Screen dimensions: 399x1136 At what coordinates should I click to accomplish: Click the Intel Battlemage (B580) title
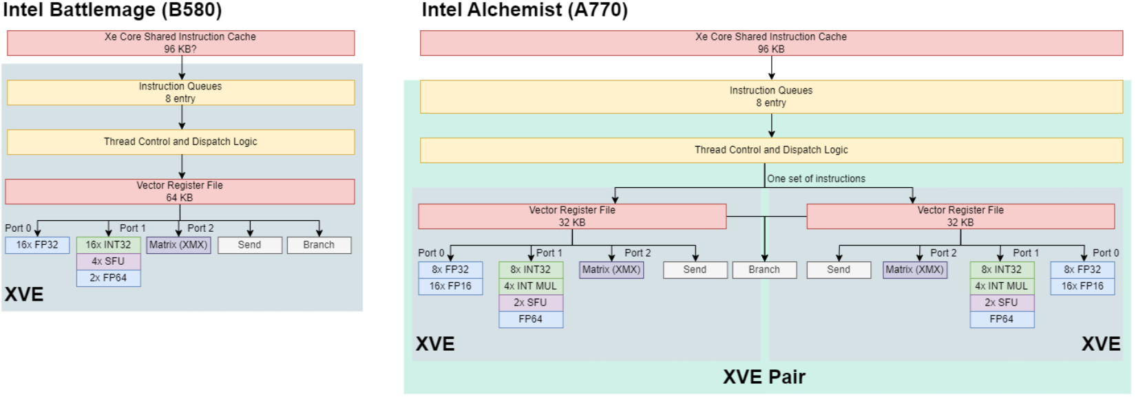112,10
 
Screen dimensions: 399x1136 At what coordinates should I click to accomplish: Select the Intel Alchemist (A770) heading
525,10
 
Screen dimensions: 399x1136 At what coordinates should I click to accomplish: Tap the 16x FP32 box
37,245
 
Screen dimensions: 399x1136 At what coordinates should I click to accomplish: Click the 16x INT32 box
108,245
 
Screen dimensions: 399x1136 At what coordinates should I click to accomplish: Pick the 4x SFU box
108,261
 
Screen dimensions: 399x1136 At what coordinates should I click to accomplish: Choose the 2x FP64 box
108,278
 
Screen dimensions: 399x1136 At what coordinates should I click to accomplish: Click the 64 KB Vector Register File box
180,191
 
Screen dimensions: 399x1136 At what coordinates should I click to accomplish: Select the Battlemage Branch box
319,245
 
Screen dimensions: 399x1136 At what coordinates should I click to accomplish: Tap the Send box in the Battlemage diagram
249,245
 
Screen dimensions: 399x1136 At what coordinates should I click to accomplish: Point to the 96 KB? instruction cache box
180,43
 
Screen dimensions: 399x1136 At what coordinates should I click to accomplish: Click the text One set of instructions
816,179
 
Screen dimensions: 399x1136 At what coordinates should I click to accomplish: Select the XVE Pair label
764,377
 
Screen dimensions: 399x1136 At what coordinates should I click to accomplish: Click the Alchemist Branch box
764,270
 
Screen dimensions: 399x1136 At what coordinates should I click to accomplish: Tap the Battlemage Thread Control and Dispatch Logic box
180,142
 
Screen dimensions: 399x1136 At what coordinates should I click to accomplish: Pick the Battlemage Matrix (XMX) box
178,245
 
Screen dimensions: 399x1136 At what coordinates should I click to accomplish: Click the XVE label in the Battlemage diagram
24,294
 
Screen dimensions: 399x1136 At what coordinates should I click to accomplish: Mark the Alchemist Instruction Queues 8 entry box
771,96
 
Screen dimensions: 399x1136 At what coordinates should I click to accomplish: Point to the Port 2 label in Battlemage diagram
200,228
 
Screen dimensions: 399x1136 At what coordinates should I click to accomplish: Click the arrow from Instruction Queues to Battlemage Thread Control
182,117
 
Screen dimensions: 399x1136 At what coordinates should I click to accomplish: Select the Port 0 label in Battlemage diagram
18,228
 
